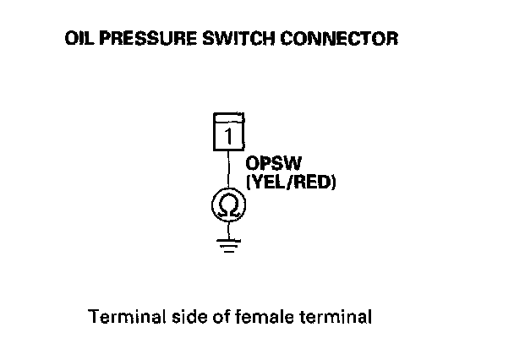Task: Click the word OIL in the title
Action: [79, 40]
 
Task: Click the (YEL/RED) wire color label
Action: [289, 180]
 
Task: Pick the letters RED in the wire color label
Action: [313, 180]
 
